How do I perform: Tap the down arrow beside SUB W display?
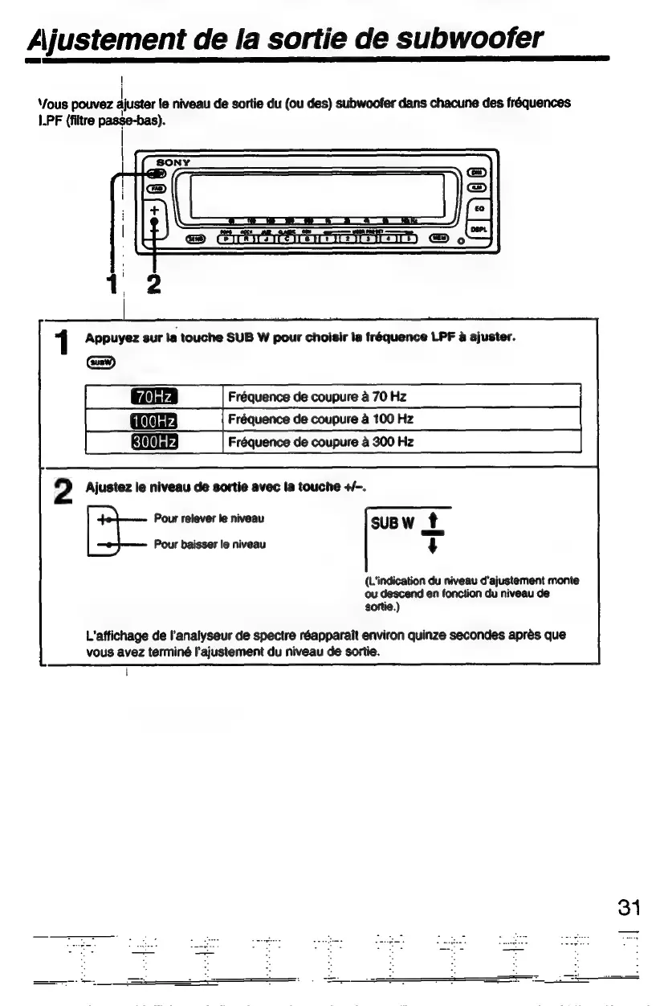pos(434,546)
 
